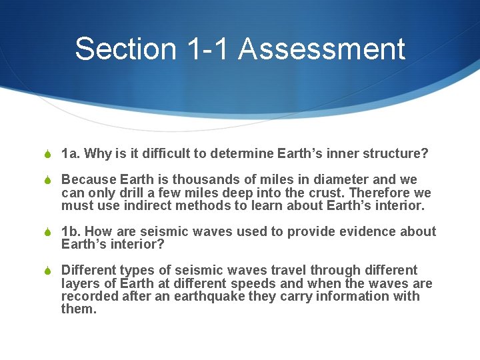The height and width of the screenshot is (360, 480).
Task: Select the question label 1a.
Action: (69, 154)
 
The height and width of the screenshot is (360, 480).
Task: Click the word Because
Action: (89, 180)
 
